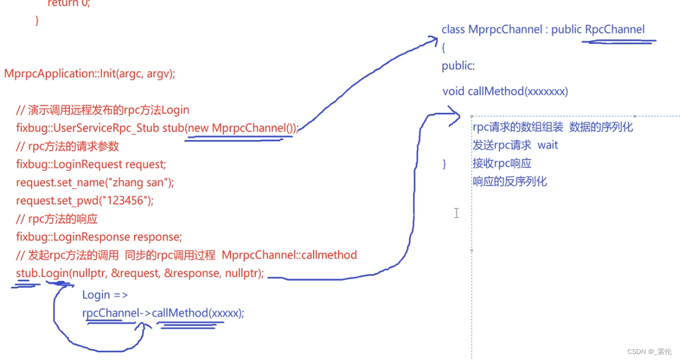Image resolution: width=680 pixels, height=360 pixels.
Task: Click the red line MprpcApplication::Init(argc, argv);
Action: (89, 73)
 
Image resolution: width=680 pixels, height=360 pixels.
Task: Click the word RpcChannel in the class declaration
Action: (615, 30)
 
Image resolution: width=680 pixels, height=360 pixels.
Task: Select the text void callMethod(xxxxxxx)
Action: (505, 91)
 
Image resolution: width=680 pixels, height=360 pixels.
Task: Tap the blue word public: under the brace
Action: (458, 66)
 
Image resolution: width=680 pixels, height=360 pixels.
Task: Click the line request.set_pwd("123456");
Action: (85, 200)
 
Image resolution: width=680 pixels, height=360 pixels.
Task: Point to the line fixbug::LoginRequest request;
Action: (91, 164)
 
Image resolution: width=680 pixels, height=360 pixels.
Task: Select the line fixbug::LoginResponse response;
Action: (99, 237)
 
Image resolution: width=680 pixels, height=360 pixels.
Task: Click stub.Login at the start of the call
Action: (41, 273)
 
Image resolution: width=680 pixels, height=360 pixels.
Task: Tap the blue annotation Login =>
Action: (105, 295)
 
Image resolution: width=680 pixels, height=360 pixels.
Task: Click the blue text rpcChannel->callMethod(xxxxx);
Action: (163, 313)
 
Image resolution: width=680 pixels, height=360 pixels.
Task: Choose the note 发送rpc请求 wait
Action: (515, 145)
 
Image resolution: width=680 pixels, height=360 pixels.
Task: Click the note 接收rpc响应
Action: (502, 163)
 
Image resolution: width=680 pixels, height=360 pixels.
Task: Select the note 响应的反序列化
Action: (509, 181)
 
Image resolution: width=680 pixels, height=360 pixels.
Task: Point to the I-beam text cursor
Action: (456, 213)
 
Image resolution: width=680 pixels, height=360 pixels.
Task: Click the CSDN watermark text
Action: (649, 351)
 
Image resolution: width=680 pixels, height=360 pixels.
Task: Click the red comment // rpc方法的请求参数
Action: (67, 146)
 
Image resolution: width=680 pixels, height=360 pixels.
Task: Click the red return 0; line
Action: (68, 3)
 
